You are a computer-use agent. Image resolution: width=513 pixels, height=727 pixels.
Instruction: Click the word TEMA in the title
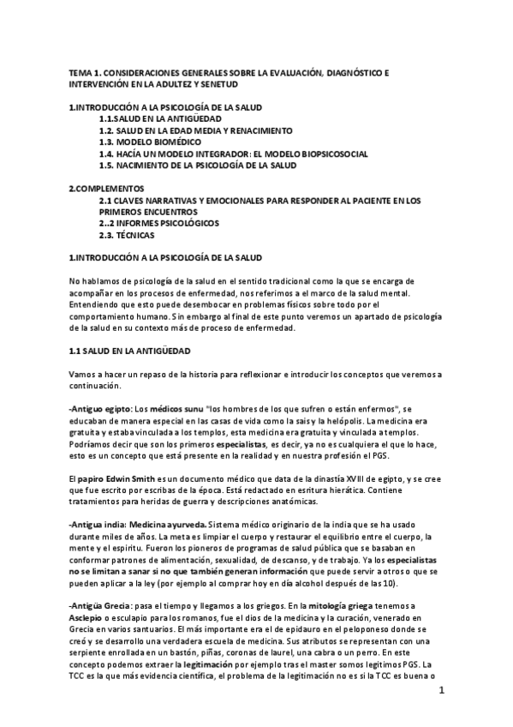click(80, 74)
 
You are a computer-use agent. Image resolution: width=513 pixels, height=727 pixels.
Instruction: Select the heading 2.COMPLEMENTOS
click(106, 187)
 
